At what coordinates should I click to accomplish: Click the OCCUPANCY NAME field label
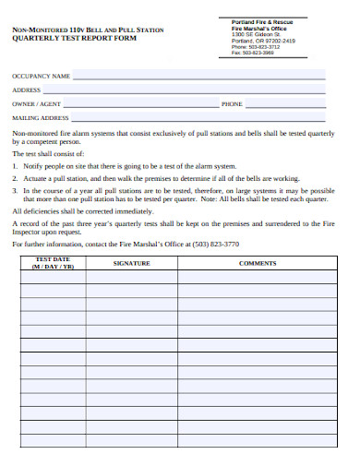coord(41,76)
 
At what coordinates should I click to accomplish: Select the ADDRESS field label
coord(26,90)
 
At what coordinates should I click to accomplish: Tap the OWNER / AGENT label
coord(36,104)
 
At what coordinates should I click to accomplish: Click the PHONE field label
coord(232,104)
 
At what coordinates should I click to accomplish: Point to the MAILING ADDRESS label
coord(41,118)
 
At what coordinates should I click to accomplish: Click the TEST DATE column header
coord(52,263)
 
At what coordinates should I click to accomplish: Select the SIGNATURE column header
coord(131,263)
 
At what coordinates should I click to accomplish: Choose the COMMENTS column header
coord(258,263)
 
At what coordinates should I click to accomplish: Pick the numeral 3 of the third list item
coord(15,190)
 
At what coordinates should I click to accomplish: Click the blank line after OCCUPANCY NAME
coord(198,77)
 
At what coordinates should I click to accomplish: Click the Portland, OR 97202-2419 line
coord(263,41)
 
